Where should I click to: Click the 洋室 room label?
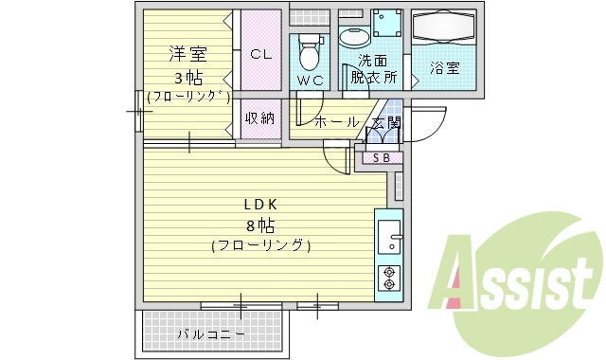187,55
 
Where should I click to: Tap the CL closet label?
260,55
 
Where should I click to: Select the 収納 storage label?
260,118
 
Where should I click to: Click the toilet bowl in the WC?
310,47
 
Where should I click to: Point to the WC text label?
310,81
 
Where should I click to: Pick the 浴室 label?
445,68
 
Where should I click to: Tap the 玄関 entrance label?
385,122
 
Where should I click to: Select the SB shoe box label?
381,157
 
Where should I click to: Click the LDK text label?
260,205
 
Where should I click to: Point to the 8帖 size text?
260,225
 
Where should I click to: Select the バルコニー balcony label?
211,334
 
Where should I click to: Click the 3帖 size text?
187,76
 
